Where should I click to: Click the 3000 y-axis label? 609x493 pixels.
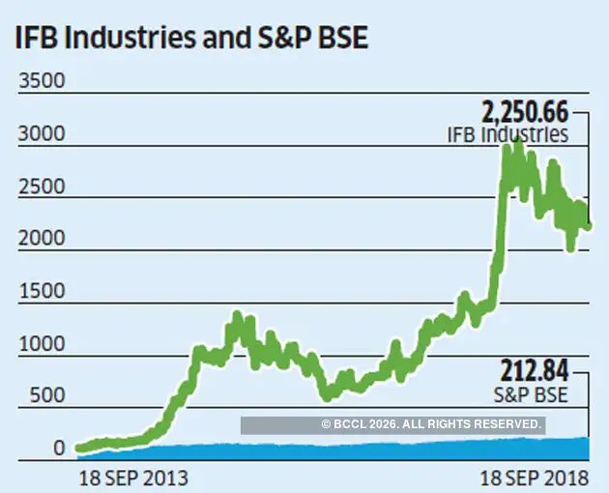41,133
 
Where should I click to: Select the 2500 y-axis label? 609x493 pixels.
41,186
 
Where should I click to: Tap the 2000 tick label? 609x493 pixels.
41,238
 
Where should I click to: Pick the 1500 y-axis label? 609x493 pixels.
41,291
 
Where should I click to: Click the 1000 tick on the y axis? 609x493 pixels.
41,343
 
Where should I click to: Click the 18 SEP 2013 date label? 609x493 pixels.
132,478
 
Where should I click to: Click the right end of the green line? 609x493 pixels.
589,227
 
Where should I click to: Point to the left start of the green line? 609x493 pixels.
77,449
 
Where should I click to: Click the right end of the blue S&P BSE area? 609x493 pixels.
588,444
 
